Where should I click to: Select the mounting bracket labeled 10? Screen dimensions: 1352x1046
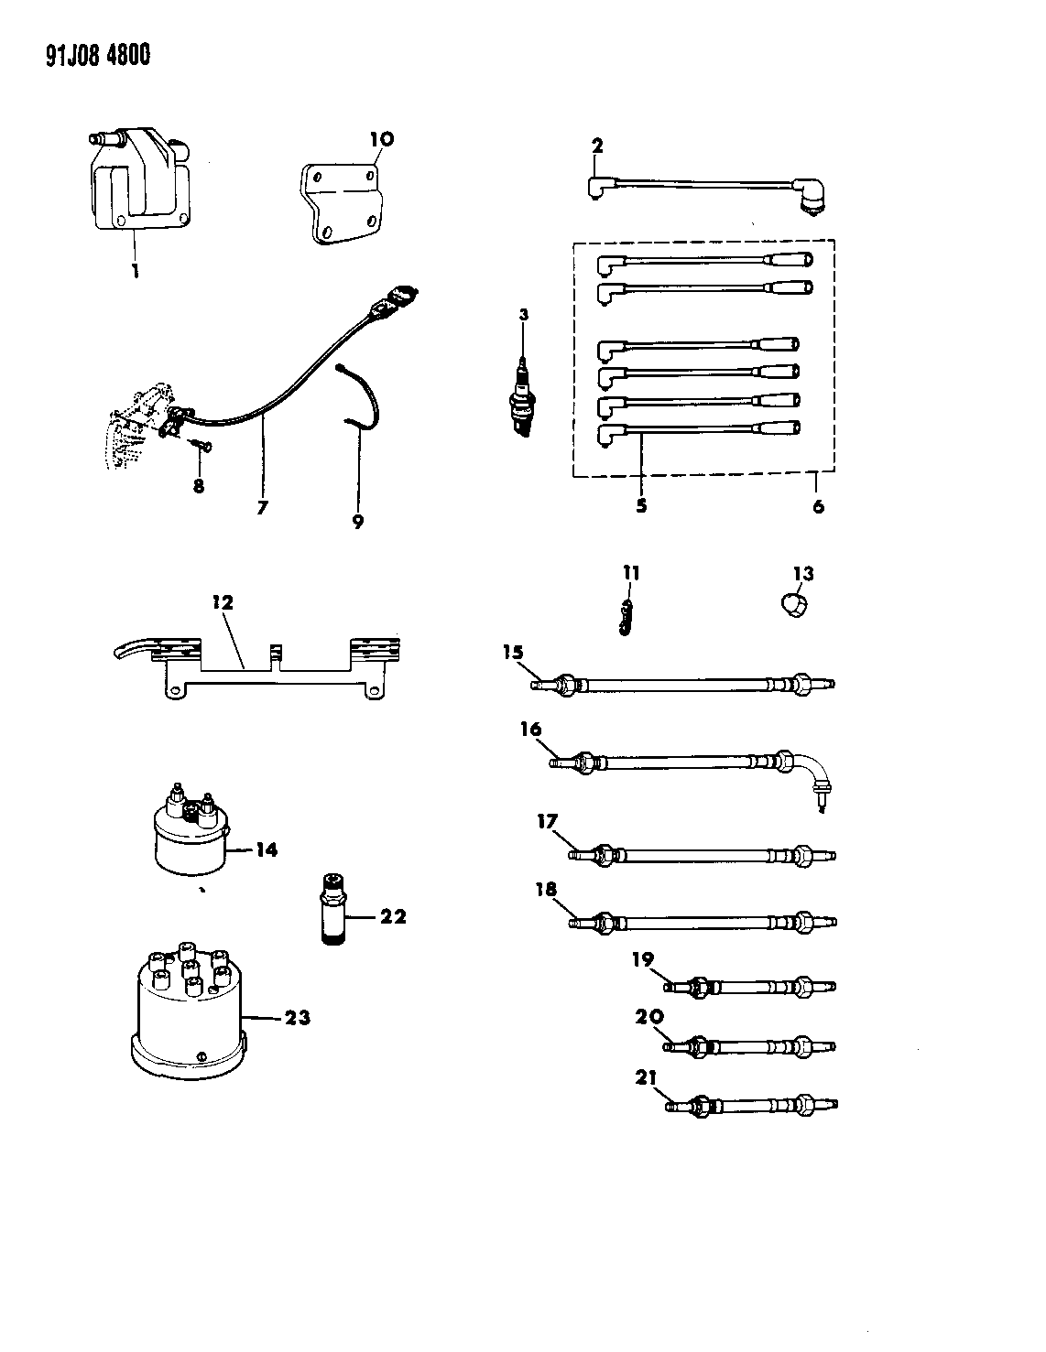tap(344, 206)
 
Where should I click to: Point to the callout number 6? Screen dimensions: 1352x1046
tap(818, 506)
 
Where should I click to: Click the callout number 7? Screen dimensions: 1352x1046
tap(263, 506)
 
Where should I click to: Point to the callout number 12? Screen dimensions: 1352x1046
tap(223, 603)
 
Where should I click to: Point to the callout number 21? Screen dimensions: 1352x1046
tap(647, 1079)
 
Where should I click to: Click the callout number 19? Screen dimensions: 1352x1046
tap(642, 959)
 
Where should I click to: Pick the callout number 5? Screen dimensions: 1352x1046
tap(641, 506)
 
